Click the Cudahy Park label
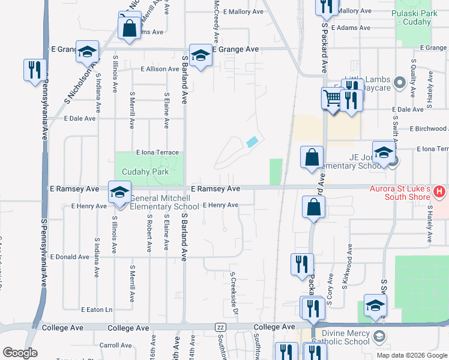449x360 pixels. [145, 172]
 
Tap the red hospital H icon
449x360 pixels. [439, 193]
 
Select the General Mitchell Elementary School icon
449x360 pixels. [119, 193]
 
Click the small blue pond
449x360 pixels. [253, 142]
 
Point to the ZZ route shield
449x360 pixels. [220, 327]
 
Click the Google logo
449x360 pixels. [20, 353]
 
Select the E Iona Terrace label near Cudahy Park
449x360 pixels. [157, 153]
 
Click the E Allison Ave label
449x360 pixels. [160, 70]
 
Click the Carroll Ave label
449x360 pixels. [116, 345]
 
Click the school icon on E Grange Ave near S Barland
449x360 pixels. [200, 56]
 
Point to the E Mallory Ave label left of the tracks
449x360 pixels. [243, 11]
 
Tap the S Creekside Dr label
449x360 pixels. [234, 295]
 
